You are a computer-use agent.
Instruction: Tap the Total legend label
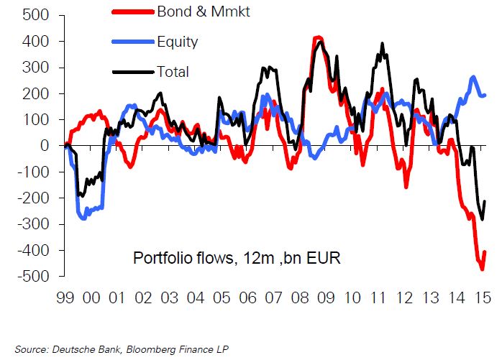[173, 71]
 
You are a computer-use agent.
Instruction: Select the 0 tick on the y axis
[44, 146]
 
